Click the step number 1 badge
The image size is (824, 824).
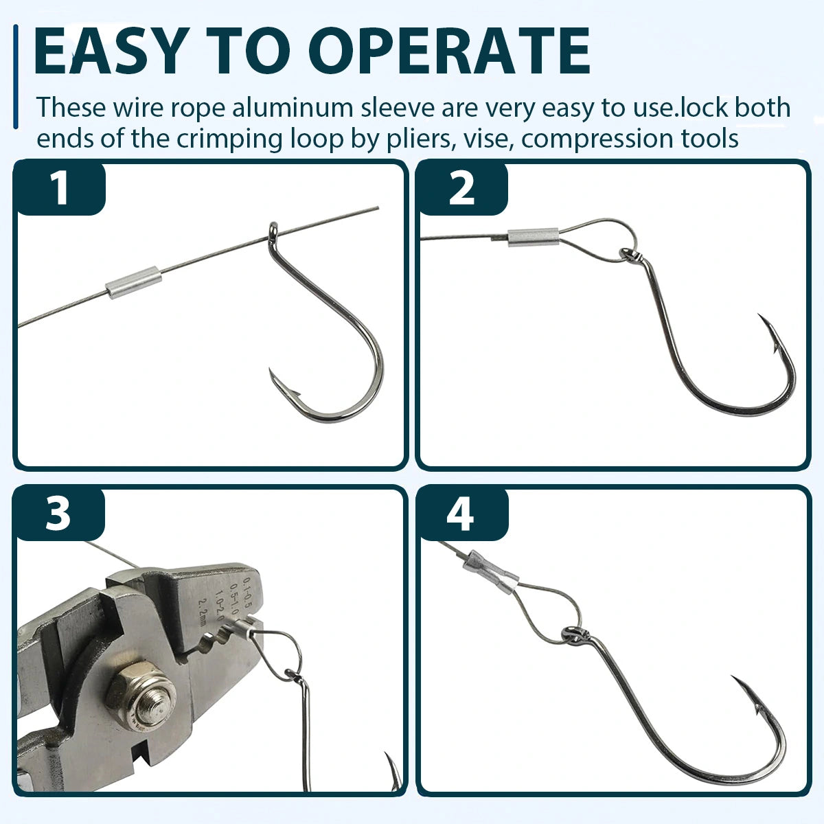pyautogui.click(x=60, y=187)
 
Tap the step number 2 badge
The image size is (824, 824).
pyautogui.click(x=461, y=187)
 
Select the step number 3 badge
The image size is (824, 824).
pyautogui.click(x=58, y=513)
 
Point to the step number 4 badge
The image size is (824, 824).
pyautogui.click(x=460, y=513)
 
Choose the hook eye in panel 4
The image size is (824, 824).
pyautogui.click(x=573, y=634)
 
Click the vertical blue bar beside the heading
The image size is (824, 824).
pyautogui.click(x=15, y=76)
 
